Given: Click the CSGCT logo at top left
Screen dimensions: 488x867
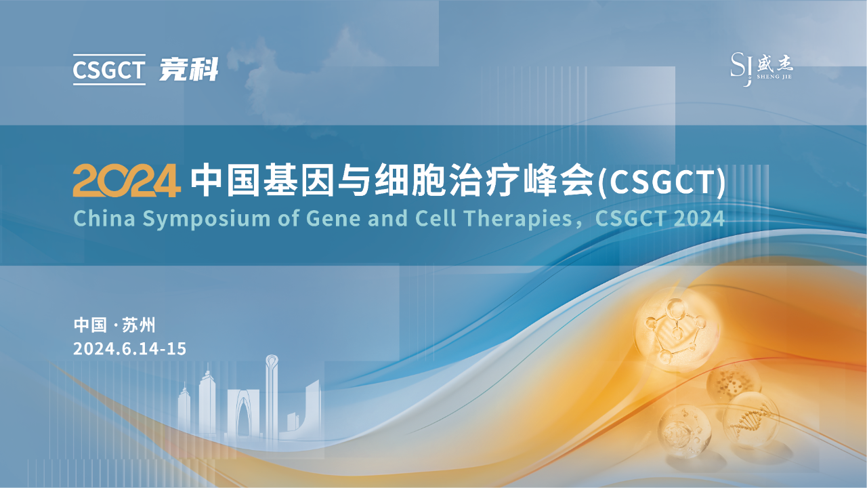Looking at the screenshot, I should coord(109,70).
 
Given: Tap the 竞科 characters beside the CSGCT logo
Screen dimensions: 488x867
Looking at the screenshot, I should coord(189,69).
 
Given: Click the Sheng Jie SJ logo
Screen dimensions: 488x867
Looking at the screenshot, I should coord(761,68).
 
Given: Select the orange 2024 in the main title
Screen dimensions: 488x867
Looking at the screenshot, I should coord(127,180).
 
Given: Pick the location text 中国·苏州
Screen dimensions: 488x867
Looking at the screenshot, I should coord(114,325).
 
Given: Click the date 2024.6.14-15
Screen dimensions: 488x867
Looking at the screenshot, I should coord(129,349).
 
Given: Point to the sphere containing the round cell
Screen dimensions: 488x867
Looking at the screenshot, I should coord(684,430).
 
